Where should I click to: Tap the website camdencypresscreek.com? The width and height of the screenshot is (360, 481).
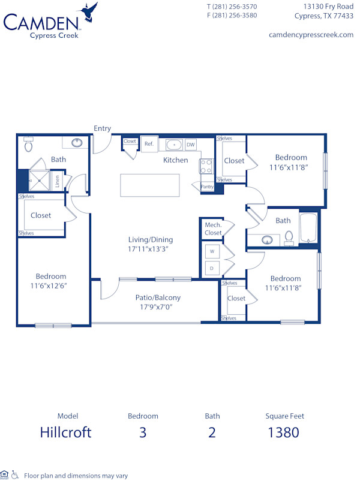[312, 35]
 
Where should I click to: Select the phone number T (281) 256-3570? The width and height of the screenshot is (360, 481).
[232, 7]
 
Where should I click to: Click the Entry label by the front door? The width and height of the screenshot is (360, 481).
[102, 128]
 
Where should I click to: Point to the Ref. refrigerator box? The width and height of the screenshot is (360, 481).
[149, 144]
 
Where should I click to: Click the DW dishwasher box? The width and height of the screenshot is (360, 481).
[190, 145]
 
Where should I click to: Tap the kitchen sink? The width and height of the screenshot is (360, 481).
[173, 145]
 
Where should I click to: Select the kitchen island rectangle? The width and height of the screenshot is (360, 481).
[149, 185]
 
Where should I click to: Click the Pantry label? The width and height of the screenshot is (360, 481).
[207, 187]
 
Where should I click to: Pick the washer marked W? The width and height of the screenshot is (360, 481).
[211, 251]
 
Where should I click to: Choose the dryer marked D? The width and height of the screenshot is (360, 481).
[211, 268]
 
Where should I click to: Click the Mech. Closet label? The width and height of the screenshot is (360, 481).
[213, 229]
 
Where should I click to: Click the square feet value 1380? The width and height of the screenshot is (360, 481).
[283, 432]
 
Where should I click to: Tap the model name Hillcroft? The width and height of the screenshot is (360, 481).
[66, 432]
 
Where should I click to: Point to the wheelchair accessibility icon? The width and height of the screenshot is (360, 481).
[15, 476]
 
